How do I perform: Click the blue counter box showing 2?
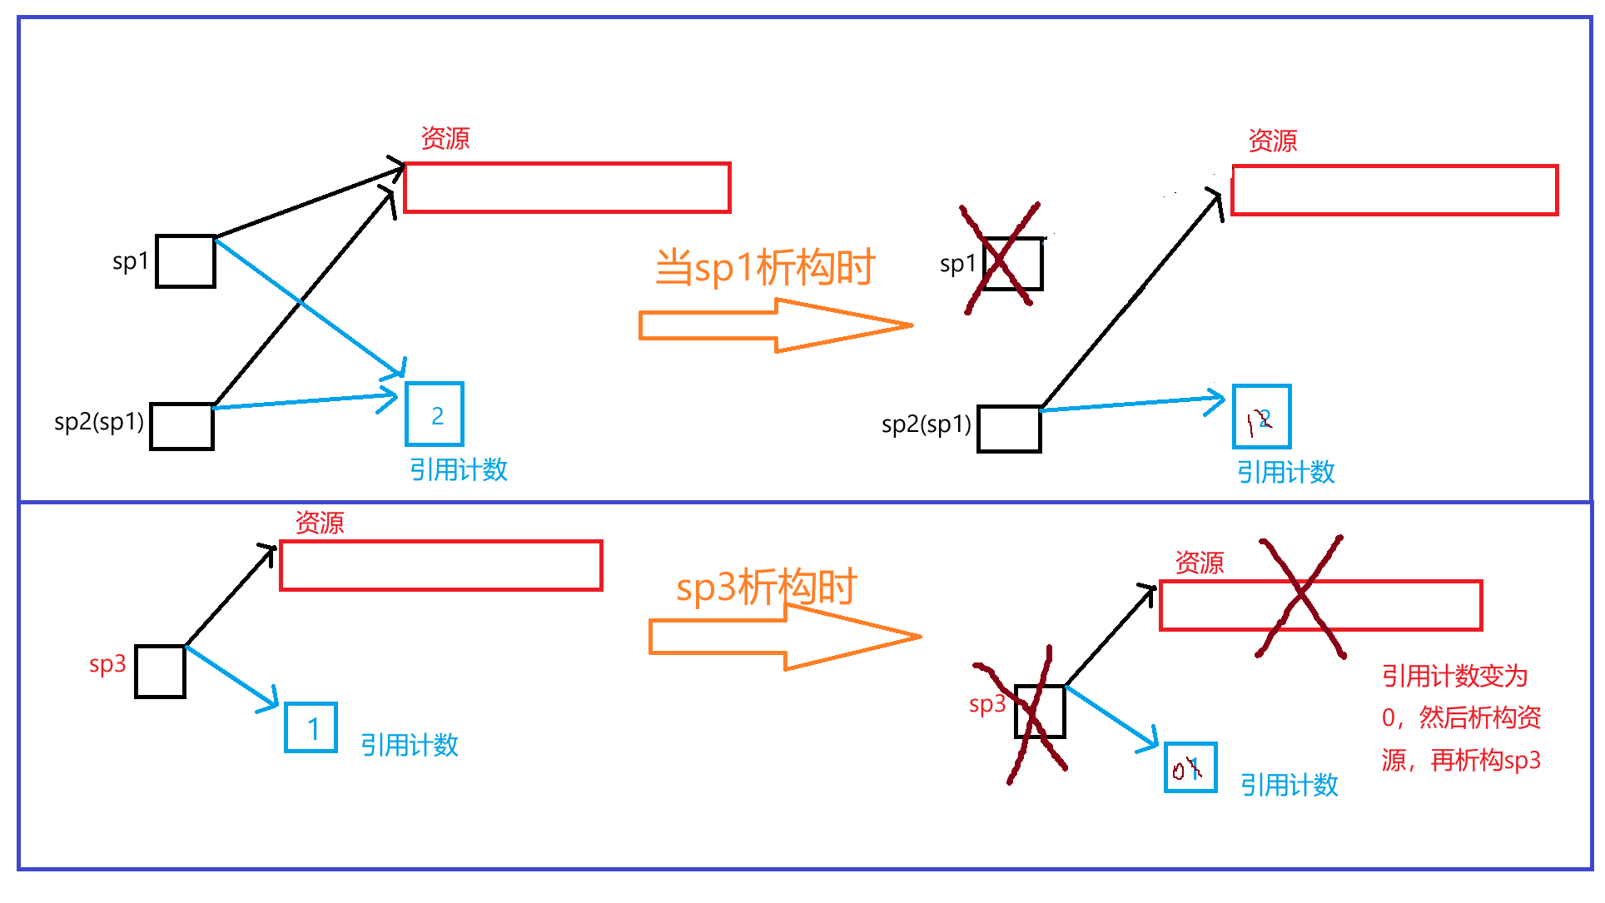click(434, 414)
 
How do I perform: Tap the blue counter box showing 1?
click(311, 728)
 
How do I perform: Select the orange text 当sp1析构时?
click(764, 267)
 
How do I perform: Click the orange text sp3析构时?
click(766, 588)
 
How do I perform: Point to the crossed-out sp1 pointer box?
click(1012, 264)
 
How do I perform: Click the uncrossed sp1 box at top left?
click(186, 261)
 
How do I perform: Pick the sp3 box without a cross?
click(160, 672)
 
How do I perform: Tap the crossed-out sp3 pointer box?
click(1040, 712)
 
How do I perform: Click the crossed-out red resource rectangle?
click(1320, 606)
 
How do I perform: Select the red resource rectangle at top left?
click(567, 188)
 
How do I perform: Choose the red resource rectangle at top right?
click(1394, 191)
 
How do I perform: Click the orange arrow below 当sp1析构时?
click(774, 325)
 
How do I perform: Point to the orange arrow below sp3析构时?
click(783, 638)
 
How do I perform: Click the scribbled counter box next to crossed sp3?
click(1190, 767)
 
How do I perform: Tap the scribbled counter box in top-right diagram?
click(1261, 417)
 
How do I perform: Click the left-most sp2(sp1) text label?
click(98, 422)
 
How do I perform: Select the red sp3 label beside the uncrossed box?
click(107, 664)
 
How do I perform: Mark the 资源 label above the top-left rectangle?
click(445, 138)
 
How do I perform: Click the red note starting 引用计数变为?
click(1461, 717)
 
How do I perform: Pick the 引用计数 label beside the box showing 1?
click(409, 745)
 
